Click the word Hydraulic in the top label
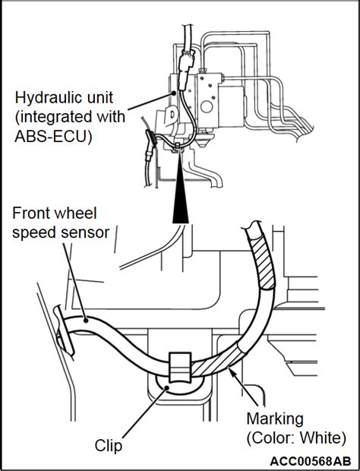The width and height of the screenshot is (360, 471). tap(48, 97)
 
